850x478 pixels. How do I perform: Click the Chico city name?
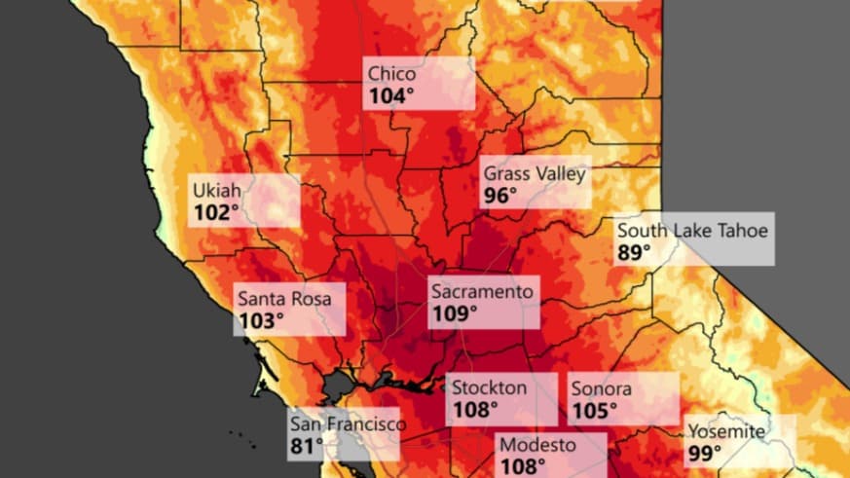pos(392,74)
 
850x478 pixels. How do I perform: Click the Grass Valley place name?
pos(535,173)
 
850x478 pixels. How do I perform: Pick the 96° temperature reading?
pos(500,196)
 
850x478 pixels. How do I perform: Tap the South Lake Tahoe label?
pos(692,231)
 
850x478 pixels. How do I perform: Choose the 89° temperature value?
pos(634,253)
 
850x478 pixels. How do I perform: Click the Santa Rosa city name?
pos(284,298)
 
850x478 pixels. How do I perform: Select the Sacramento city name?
pos(483,291)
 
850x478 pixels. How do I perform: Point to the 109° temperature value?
pos(455,313)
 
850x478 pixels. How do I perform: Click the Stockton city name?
pos(490,387)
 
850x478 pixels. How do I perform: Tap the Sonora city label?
pos(601,388)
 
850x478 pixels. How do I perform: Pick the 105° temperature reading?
pos(594,411)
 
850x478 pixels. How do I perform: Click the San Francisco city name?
pos(347,424)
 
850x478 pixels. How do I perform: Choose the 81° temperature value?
pos(306,447)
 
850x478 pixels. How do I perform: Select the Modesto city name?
pos(537,445)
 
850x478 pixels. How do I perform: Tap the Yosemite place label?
pos(726,431)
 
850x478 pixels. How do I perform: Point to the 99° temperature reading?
pos(705,454)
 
